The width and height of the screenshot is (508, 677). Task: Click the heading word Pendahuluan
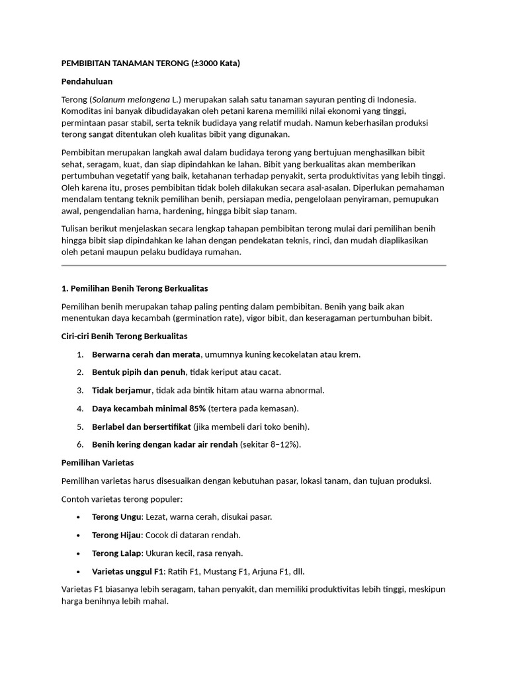(x=87, y=81)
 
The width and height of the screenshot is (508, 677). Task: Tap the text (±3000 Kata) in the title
(x=214, y=63)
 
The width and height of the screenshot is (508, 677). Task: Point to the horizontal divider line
(x=253, y=266)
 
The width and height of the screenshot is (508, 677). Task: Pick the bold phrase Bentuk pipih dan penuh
(x=139, y=372)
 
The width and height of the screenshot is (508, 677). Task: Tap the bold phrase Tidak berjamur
(x=122, y=390)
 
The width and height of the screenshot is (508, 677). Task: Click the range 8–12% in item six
(x=283, y=444)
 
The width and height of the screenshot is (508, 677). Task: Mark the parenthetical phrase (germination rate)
(x=208, y=318)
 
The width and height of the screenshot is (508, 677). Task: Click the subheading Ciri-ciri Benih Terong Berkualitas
(x=124, y=337)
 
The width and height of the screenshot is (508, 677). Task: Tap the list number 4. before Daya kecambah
(x=79, y=409)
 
